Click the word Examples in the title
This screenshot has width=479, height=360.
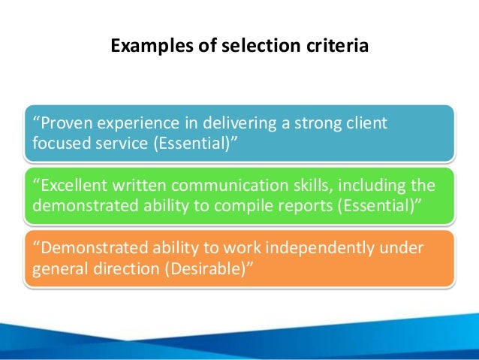point(143,47)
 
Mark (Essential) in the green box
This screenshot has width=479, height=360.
point(369,205)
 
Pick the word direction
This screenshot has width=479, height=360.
point(117,268)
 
